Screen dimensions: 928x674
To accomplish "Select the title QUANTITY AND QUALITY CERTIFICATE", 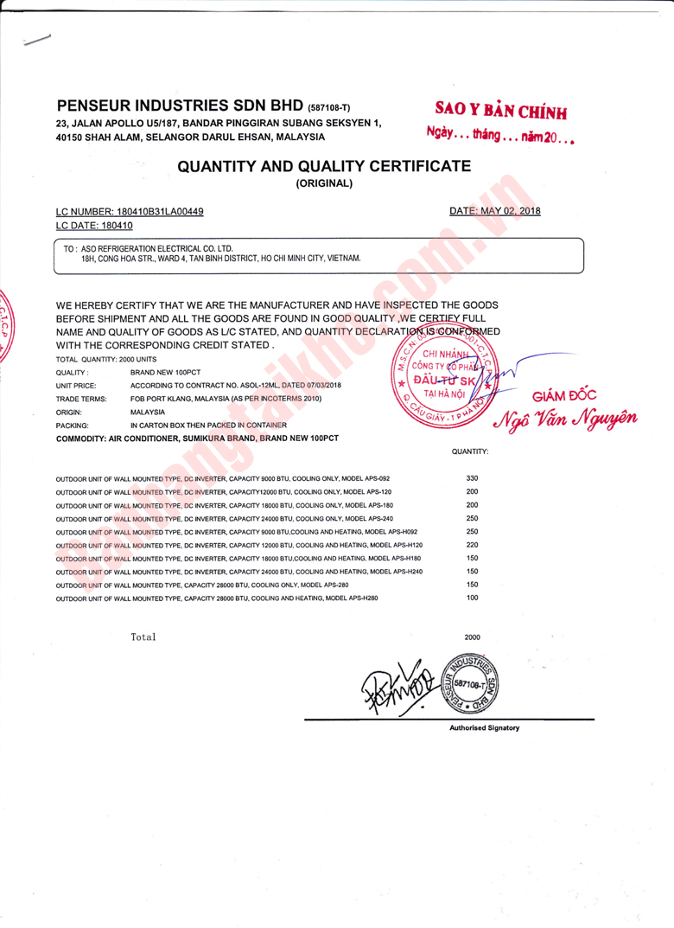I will (323, 166).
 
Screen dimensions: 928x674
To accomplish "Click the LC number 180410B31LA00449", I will (153, 211).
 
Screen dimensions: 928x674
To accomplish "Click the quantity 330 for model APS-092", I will (472, 478).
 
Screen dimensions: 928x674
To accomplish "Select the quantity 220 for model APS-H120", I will (472, 545).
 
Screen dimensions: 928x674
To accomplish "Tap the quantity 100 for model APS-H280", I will (472, 598).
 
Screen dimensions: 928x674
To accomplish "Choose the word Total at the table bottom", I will (143, 637).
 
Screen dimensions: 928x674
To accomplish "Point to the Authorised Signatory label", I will (484, 728).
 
